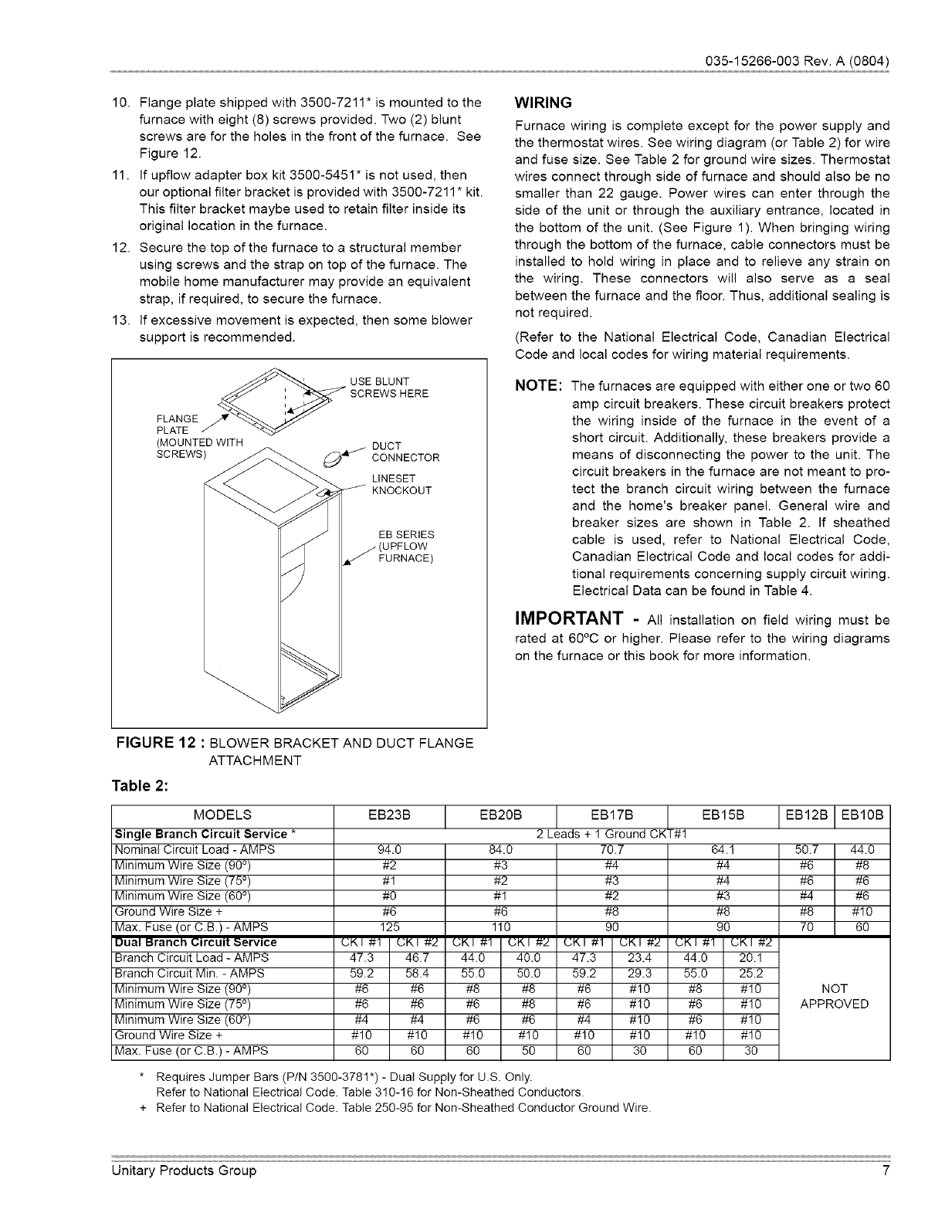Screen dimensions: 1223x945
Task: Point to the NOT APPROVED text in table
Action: pyautogui.click(x=834, y=996)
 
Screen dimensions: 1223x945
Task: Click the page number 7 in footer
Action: pyautogui.click(x=886, y=1170)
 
